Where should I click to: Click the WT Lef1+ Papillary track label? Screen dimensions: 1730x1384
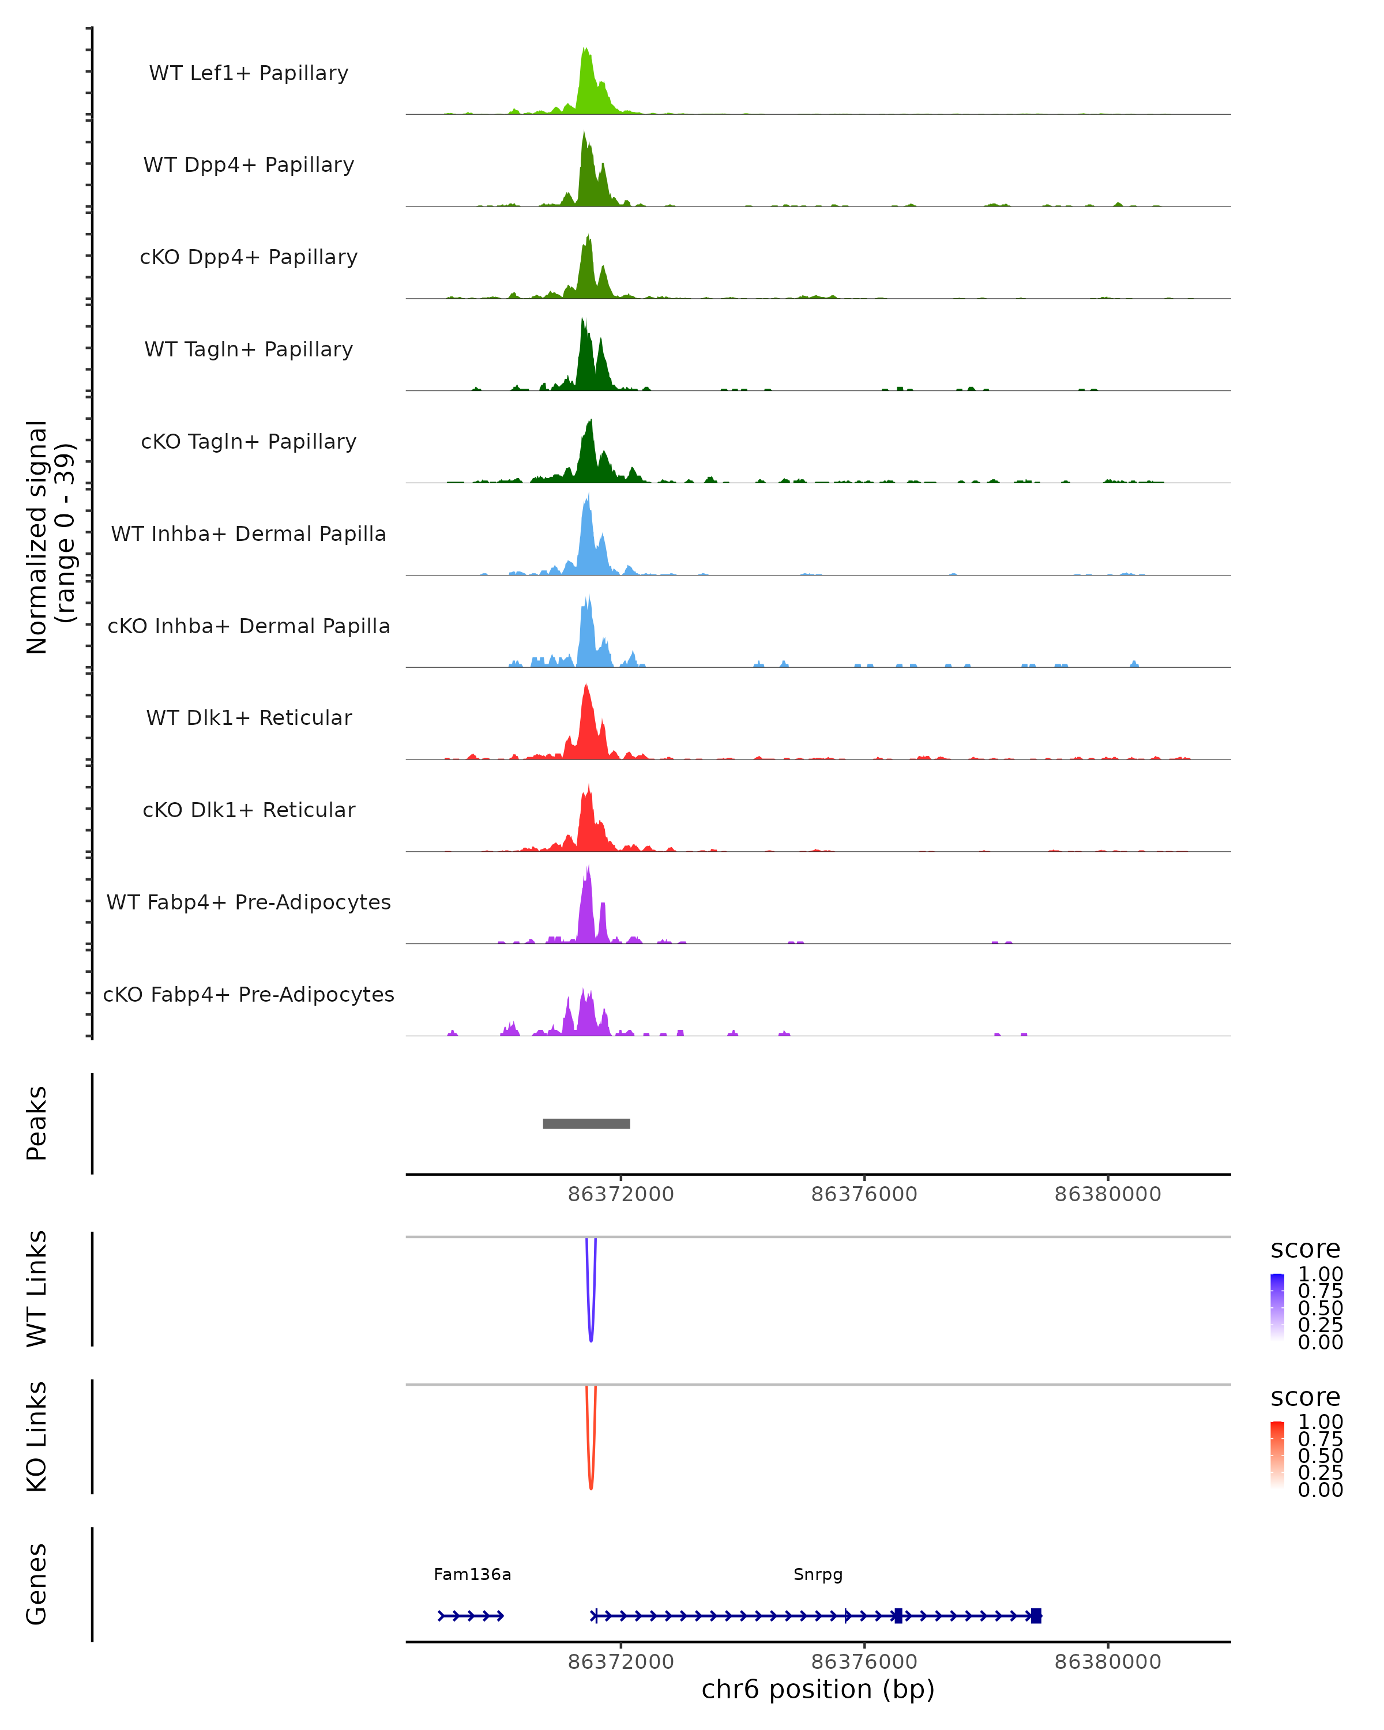(249, 73)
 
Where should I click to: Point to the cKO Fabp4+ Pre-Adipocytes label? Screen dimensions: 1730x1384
(249, 995)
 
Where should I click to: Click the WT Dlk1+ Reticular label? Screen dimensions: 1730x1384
(249, 718)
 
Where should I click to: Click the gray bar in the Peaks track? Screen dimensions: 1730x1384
(586, 1123)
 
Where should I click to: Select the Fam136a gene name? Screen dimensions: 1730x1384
(472, 1574)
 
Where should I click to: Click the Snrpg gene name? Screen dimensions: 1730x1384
(818, 1574)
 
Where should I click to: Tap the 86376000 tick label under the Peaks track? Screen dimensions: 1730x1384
(864, 1194)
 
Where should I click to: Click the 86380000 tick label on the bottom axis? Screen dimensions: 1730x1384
(1108, 1662)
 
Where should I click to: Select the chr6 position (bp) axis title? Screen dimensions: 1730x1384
(818, 1690)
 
